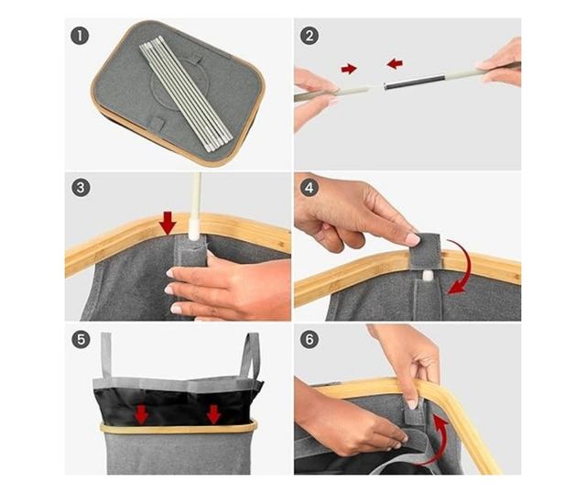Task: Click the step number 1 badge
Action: click(x=80, y=37)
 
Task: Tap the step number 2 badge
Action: click(x=309, y=37)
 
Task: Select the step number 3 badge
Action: click(x=81, y=188)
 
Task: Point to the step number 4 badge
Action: click(x=309, y=188)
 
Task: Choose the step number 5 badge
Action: click(x=81, y=340)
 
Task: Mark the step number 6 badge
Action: click(x=309, y=340)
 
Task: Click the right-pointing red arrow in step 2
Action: click(x=349, y=69)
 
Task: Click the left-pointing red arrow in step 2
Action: click(x=395, y=63)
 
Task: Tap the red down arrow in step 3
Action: click(x=168, y=223)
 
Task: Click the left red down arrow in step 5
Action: click(x=141, y=415)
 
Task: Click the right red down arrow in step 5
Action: click(x=213, y=415)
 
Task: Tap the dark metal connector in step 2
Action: click(x=411, y=82)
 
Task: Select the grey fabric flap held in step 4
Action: click(x=425, y=251)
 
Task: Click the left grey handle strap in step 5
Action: click(x=107, y=356)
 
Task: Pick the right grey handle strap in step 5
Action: click(x=250, y=356)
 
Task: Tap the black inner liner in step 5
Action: click(x=176, y=403)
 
